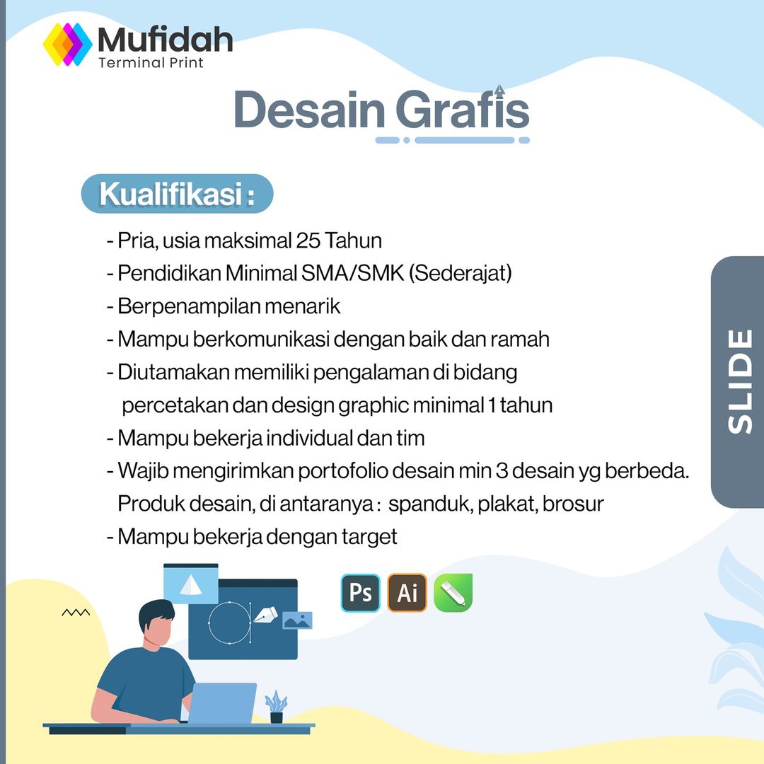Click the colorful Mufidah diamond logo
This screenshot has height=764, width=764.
click(67, 45)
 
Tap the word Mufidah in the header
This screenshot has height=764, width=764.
click(165, 40)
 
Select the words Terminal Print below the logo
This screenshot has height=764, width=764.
click(151, 63)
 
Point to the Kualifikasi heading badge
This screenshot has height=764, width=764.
click(177, 193)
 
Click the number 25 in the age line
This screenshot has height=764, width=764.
click(308, 241)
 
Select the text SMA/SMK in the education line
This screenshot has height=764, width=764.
click(353, 273)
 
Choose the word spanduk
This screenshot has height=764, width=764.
click(430, 504)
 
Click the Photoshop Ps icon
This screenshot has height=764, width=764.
click(361, 593)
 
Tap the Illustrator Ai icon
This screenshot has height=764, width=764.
click(407, 593)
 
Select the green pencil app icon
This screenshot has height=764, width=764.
click(453, 593)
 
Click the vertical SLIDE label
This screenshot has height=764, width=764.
click(740, 382)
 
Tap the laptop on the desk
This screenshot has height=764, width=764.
click(221, 703)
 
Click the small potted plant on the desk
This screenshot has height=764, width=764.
click(277, 707)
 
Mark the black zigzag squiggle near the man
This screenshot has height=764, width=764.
click(76, 613)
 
